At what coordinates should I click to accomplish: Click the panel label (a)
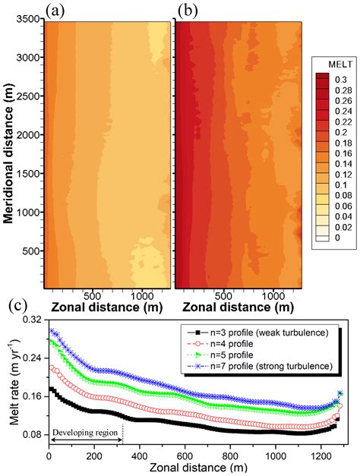(58, 10)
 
